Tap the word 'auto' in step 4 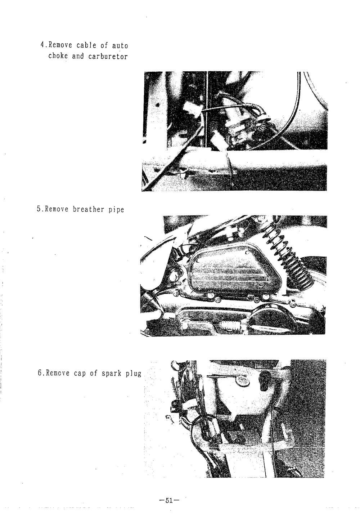point(120,45)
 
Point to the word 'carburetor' point(108,57)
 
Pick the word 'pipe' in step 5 point(116,210)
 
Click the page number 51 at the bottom point(169,500)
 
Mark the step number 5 point(39,209)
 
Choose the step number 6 point(40,373)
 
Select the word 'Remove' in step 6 point(58,373)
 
